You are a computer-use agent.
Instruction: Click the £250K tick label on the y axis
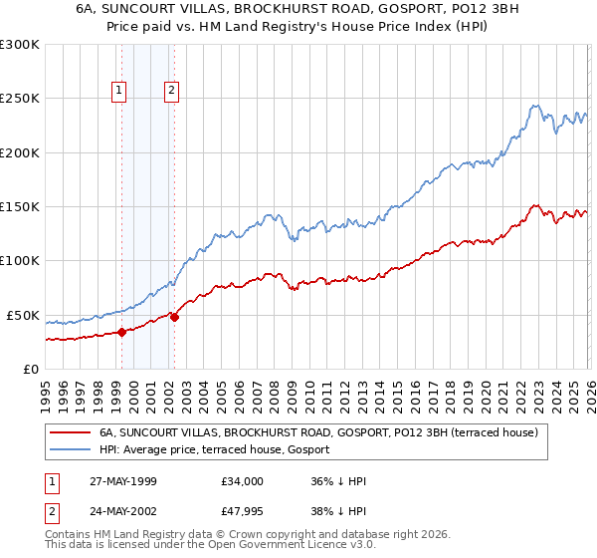pos(20,99)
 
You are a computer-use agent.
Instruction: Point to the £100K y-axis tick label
pos(20,261)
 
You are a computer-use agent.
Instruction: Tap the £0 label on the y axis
pos(31,369)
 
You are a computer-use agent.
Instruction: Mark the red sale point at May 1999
pos(121,332)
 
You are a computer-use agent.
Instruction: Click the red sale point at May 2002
pos(174,317)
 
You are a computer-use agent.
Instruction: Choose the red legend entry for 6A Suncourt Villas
pos(318,432)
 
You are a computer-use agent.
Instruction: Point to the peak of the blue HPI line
pos(534,105)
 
